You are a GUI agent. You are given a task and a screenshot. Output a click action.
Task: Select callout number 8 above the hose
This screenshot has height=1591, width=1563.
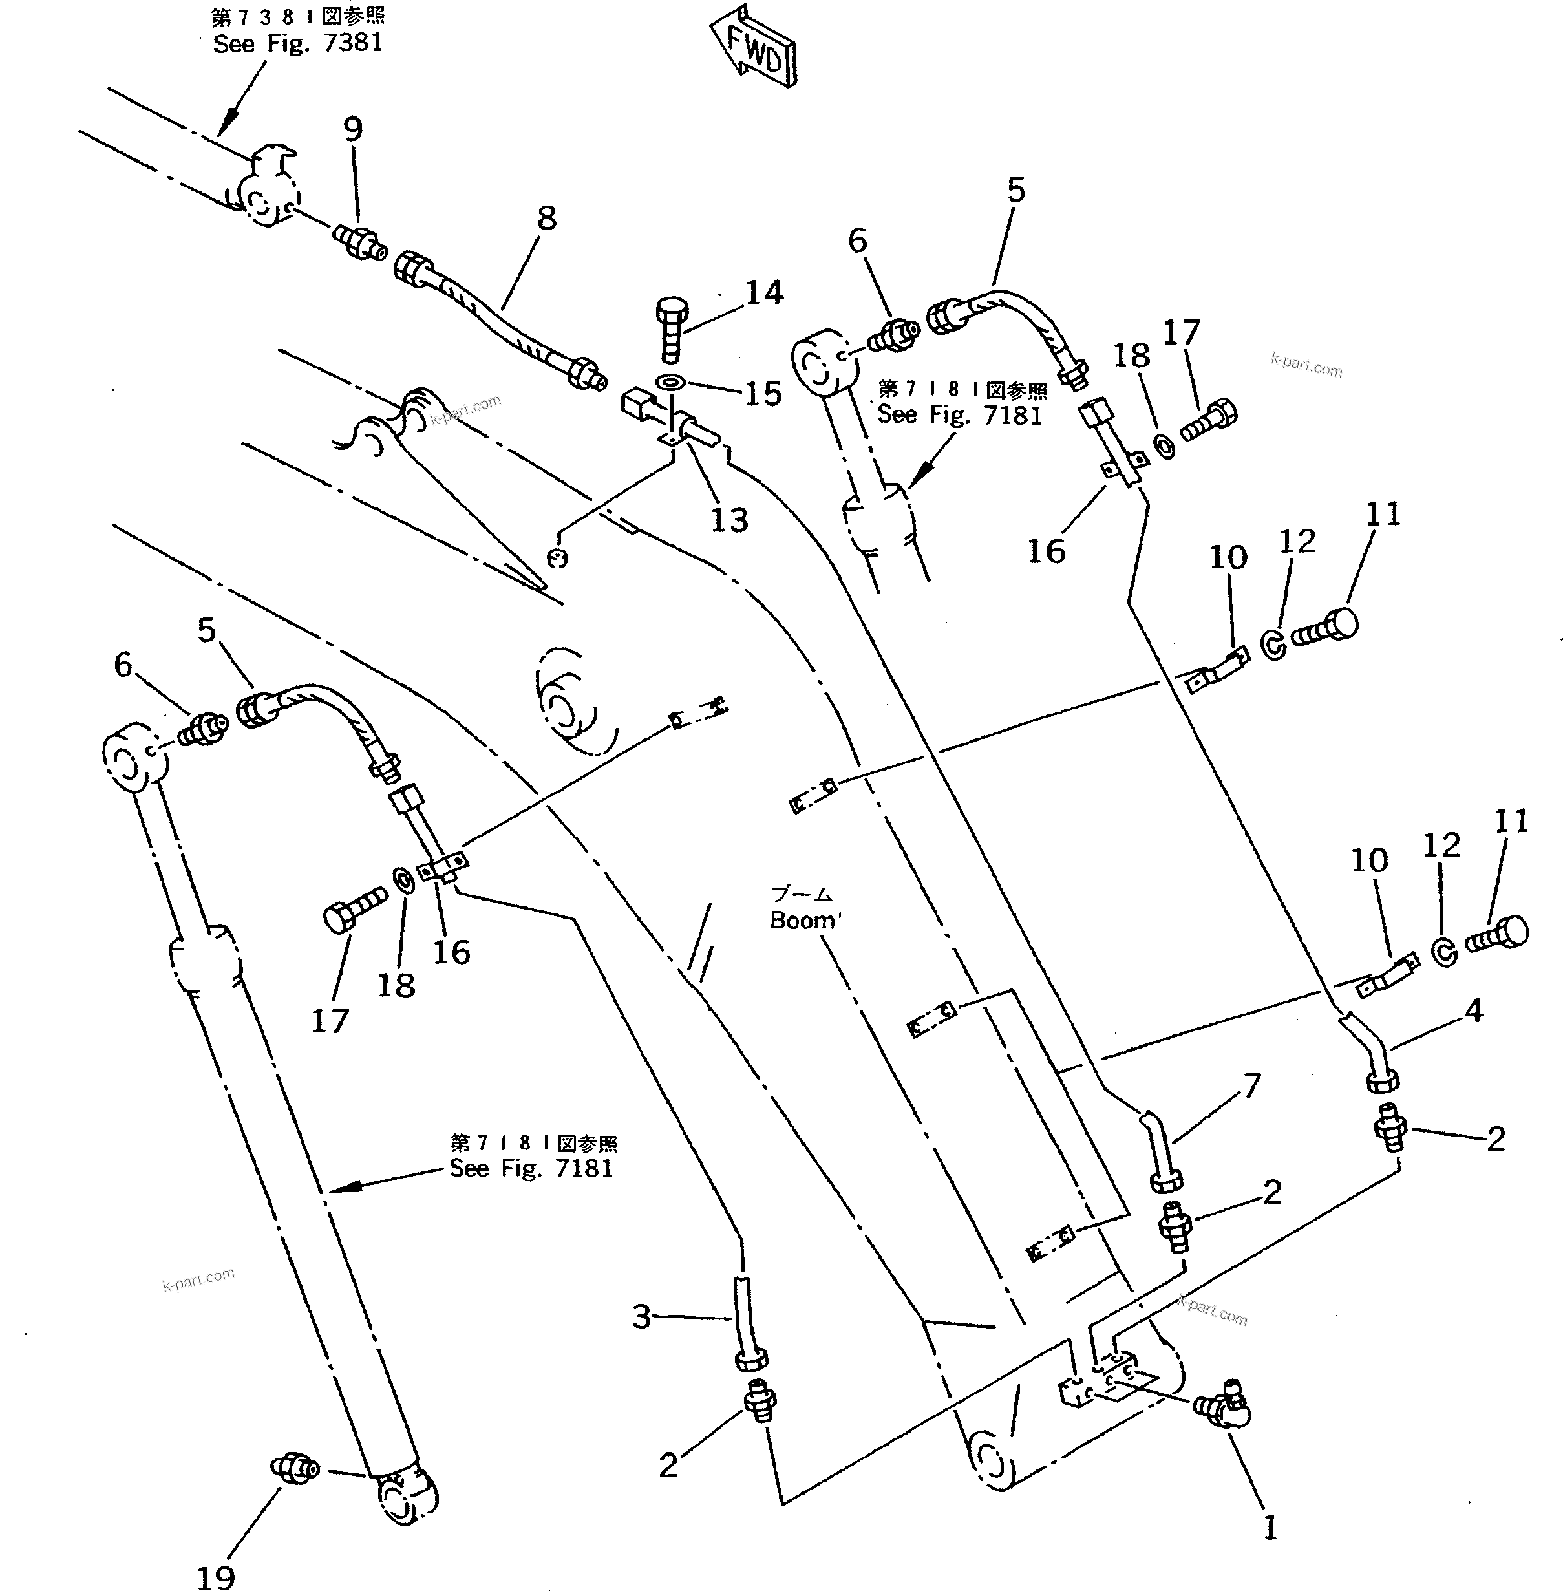tap(547, 219)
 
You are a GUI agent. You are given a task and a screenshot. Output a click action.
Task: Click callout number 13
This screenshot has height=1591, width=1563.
tap(729, 519)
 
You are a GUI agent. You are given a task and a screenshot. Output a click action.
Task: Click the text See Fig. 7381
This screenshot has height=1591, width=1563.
tap(298, 43)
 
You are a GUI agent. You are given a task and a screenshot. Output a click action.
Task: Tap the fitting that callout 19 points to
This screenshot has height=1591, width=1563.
tap(294, 1466)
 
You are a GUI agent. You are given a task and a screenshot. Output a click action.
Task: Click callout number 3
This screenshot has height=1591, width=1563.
tap(641, 1316)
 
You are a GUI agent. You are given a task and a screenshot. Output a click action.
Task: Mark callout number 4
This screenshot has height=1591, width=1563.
tap(1474, 1010)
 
